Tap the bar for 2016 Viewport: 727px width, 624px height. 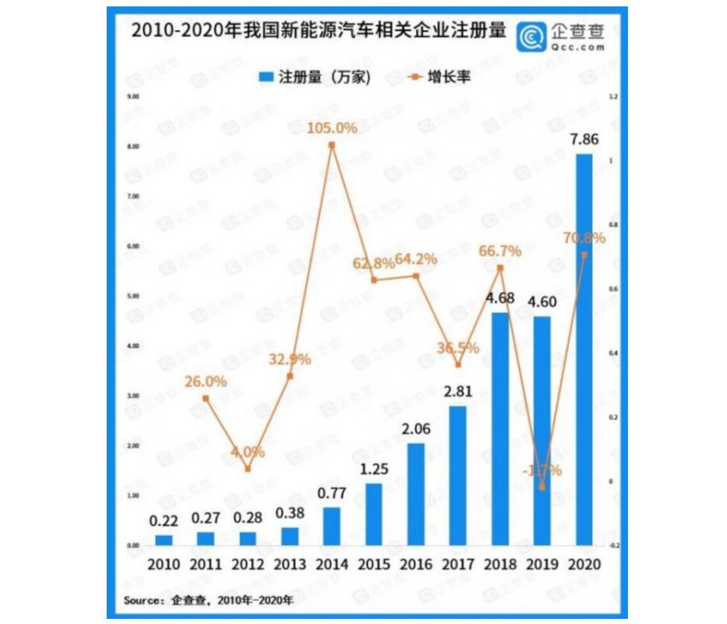coord(416,494)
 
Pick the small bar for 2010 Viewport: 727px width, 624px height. coord(164,540)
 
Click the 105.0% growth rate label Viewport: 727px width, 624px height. coord(332,128)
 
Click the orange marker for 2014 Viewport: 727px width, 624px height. coord(332,145)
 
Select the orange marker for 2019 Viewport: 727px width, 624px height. coord(542,487)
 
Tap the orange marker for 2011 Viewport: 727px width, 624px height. coord(206,398)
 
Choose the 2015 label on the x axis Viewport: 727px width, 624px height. coord(374,565)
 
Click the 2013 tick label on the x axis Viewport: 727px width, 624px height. coord(289,565)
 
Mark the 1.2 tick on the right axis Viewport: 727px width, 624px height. coord(613,97)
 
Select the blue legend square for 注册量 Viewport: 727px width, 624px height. coord(266,77)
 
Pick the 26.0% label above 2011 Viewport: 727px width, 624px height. coord(206,382)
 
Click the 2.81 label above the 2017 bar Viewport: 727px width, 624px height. coord(458,392)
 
